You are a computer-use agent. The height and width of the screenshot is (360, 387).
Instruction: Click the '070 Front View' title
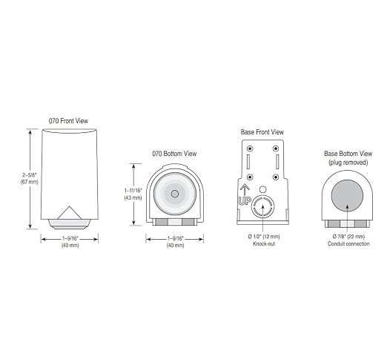pyautogui.click(x=68, y=121)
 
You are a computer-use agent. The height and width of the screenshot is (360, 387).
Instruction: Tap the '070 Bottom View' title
pyautogui.click(x=174, y=154)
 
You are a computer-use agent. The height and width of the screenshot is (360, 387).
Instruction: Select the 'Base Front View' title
pyautogui.click(x=262, y=132)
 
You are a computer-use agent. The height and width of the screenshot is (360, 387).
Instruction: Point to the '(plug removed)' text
pyautogui.click(x=348, y=163)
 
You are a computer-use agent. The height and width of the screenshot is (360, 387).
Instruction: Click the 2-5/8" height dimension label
pyautogui.click(x=30, y=175)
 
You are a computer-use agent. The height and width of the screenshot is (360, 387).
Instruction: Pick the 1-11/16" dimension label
pyautogui.click(x=133, y=191)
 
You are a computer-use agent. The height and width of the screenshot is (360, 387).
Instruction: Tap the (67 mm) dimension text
pyautogui.click(x=30, y=182)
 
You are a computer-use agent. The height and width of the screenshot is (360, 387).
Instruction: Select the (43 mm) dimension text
pyautogui.click(x=133, y=197)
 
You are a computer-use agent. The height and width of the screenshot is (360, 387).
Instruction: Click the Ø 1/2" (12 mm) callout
pyautogui.click(x=264, y=237)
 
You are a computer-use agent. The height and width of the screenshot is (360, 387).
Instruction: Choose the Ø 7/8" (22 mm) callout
pyautogui.click(x=348, y=237)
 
